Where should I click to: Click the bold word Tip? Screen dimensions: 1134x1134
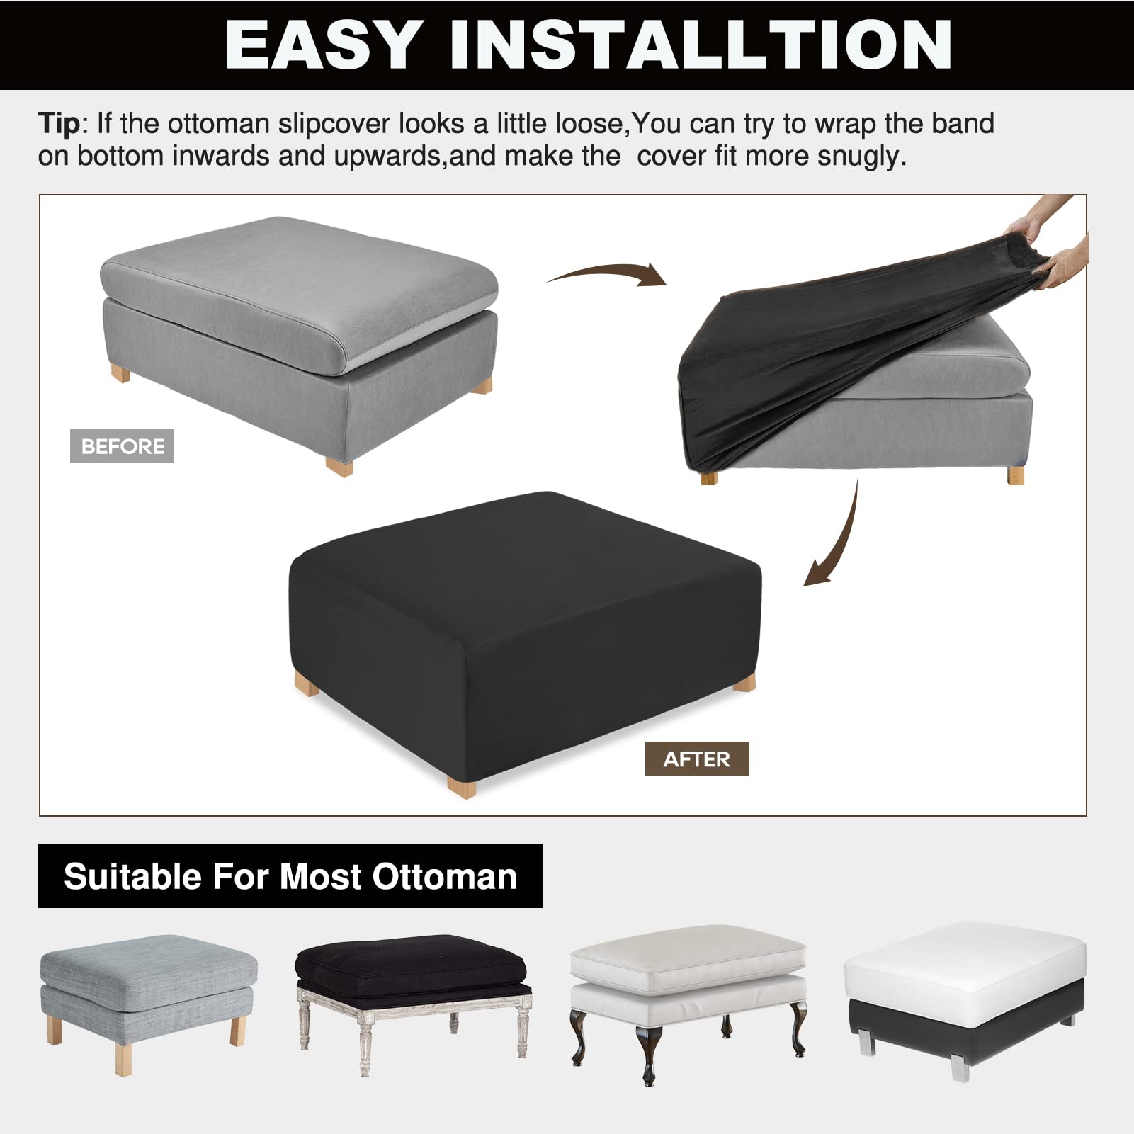point(59,123)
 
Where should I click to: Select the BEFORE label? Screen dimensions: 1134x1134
point(122,446)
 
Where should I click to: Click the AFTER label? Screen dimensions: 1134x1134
point(696,759)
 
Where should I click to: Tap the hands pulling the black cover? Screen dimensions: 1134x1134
point(1055,248)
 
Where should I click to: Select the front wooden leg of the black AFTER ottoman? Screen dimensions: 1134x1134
point(461,786)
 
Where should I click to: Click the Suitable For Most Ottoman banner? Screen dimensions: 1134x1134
point(290,876)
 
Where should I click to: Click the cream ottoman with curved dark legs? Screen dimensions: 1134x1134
point(688,992)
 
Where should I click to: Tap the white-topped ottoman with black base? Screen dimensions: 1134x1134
point(965,992)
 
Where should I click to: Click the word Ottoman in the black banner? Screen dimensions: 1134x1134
point(445,876)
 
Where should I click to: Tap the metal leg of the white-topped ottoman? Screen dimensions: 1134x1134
point(960,1065)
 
